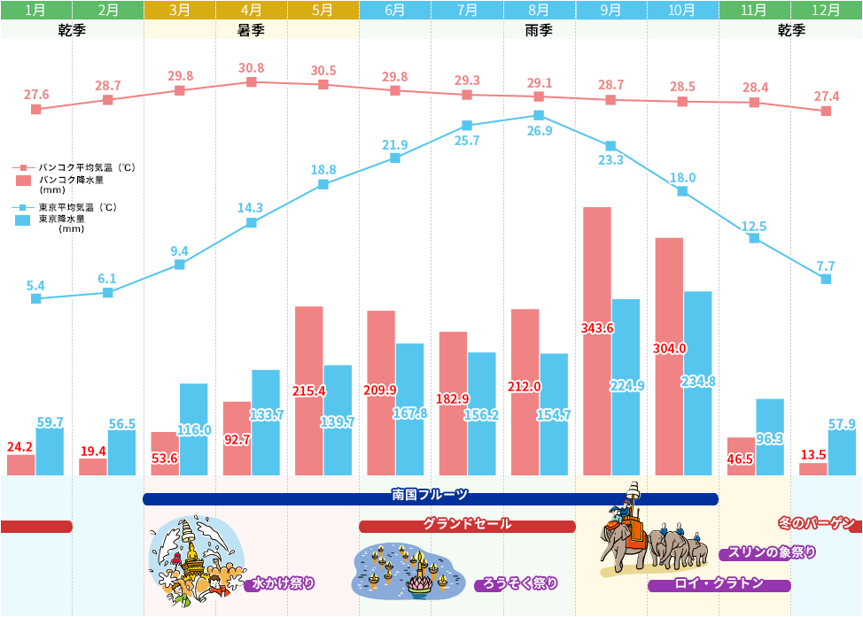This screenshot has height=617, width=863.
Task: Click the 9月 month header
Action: point(610,11)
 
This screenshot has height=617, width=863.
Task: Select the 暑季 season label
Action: point(251,30)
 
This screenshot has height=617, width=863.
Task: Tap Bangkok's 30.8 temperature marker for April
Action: point(252,81)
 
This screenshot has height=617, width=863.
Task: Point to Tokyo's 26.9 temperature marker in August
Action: point(539,115)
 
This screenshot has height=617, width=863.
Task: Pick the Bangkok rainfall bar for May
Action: point(308,390)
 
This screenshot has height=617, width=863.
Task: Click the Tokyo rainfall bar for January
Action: point(50,451)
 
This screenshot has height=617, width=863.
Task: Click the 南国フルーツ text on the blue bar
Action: point(430,495)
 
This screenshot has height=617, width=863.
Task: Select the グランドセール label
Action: point(467,524)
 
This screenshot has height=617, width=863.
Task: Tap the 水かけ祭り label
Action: point(282,583)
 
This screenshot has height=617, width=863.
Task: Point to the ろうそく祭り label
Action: point(518,583)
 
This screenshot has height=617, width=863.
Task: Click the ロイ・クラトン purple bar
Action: point(719,584)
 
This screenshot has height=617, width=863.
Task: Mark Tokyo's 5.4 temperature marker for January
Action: point(36,298)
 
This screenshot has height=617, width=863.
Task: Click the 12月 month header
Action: point(826,11)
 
